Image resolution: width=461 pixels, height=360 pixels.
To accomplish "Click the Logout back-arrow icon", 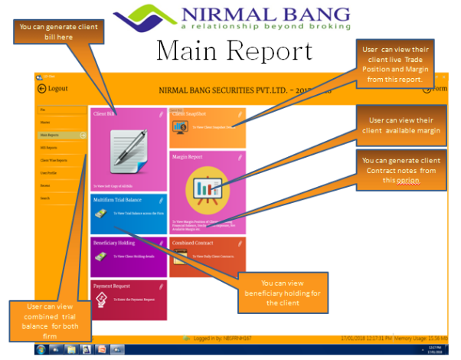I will (41, 89).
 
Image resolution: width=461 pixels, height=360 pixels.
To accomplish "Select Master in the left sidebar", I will (45, 122).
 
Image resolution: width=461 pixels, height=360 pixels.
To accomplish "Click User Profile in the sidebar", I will (48, 172).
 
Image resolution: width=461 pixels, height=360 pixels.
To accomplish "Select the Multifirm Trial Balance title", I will (119, 199).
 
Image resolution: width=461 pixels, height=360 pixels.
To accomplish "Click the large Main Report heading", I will (234, 51).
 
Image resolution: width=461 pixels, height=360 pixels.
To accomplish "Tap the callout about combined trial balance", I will (55, 321).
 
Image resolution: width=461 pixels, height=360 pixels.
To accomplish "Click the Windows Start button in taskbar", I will (41, 349).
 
